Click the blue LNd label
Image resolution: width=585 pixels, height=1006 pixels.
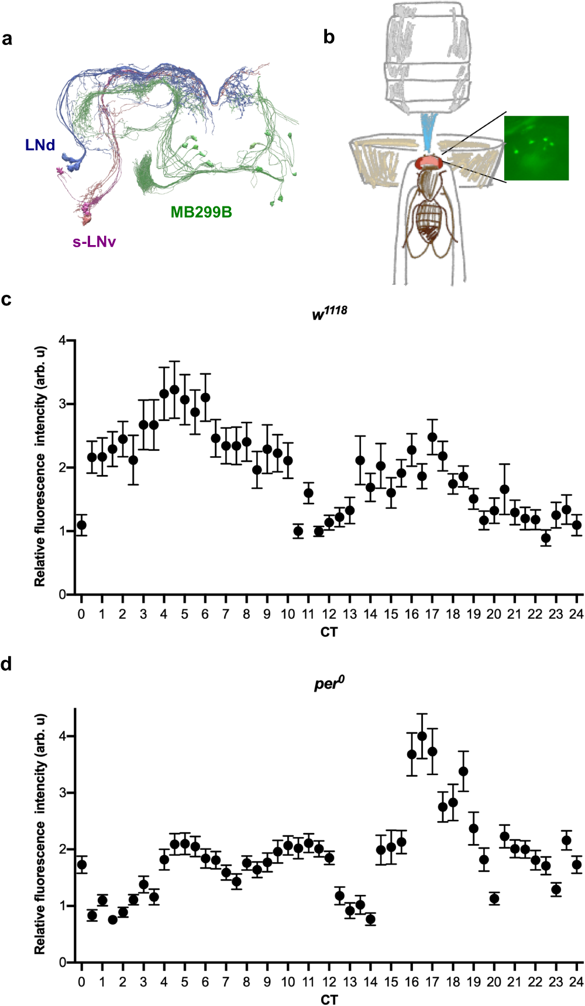(x=40, y=144)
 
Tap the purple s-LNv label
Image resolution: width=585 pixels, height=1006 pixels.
(x=94, y=242)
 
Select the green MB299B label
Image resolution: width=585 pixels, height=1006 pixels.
(x=201, y=212)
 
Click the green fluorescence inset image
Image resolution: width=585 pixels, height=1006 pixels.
(x=536, y=147)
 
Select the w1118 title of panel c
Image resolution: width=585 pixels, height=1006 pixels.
(x=329, y=313)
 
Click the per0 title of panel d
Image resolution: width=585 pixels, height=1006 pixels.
(x=329, y=683)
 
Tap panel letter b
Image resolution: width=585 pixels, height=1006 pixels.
(x=329, y=37)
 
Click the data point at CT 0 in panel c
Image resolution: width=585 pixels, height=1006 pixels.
(x=81, y=525)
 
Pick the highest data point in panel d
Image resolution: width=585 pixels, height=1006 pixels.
(x=422, y=736)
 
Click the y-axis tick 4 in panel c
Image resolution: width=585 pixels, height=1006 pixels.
(x=63, y=340)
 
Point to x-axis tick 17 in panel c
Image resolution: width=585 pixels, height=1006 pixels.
(x=432, y=614)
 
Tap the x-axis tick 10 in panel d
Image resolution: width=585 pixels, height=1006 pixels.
(x=287, y=982)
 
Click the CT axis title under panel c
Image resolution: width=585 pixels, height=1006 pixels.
(x=329, y=632)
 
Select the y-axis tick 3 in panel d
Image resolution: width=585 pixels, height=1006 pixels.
(x=63, y=793)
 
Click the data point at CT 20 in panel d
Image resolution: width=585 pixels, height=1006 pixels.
(x=494, y=899)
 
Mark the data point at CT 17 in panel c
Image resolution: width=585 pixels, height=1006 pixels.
(x=432, y=437)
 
